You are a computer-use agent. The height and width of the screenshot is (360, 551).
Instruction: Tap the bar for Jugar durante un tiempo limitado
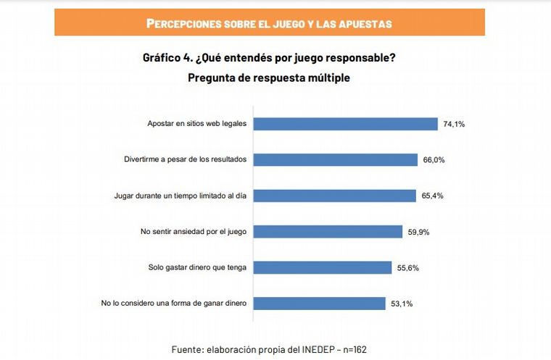(x=335, y=196)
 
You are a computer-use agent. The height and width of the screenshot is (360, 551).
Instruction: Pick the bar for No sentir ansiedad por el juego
(x=328, y=232)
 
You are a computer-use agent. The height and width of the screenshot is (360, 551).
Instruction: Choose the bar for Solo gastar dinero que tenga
(x=323, y=267)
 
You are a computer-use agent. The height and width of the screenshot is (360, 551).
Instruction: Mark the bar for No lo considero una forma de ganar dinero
(x=319, y=304)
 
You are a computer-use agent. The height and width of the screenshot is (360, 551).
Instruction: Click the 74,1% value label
(x=454, y=125)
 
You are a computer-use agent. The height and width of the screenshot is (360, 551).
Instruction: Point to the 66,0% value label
(x=434, y=160)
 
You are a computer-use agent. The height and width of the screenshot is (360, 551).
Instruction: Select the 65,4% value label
(x=432, y=196)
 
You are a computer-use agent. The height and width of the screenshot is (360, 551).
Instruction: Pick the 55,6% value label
(x=407, y=268)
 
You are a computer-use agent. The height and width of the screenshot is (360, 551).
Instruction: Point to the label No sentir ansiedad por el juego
(x=194, y=232)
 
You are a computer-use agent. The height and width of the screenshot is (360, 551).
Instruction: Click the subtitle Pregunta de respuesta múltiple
(x=269, y=78)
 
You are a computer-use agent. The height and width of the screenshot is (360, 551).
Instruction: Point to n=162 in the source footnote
(x=351, y=349)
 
